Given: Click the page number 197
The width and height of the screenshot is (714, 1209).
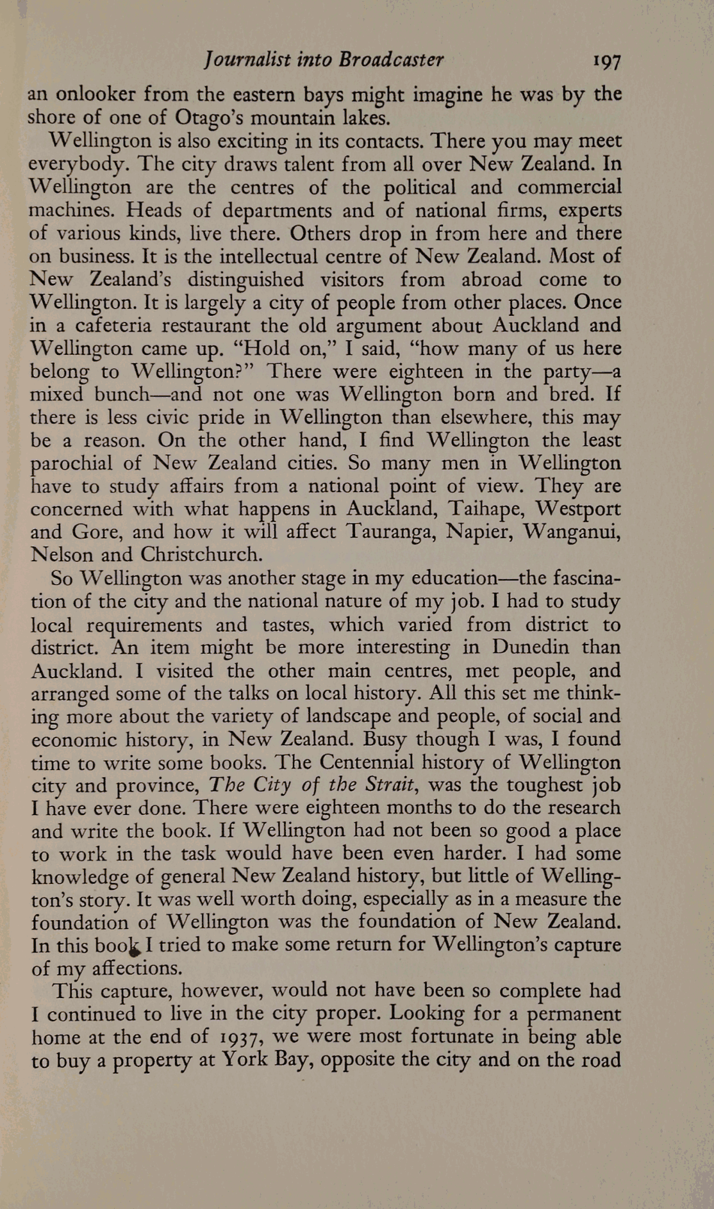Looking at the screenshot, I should [606, 62].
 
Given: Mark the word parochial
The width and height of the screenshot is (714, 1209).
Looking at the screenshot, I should [72, 464].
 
